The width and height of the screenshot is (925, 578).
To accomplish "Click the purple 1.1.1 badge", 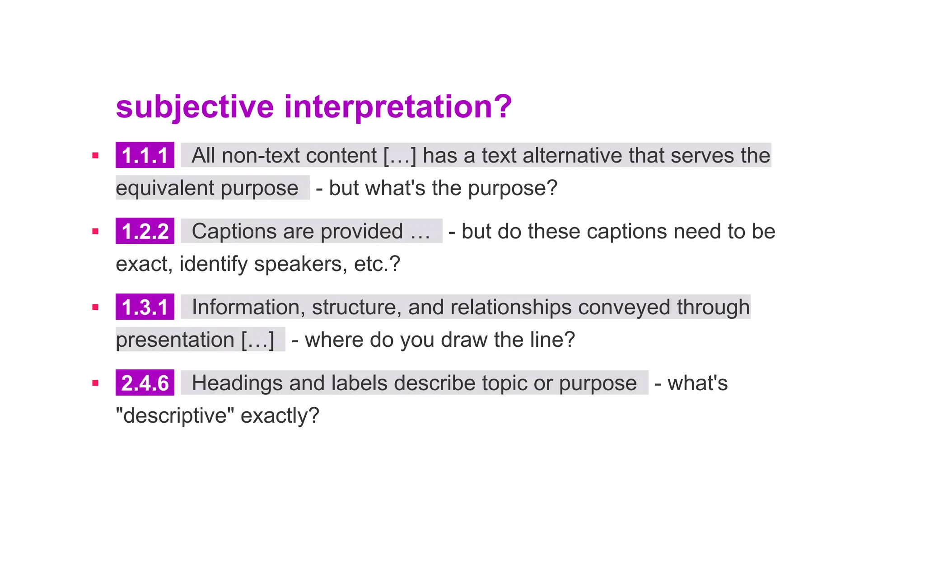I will tap(145, 155).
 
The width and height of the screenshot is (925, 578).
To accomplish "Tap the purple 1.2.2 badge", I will tap(145, 231).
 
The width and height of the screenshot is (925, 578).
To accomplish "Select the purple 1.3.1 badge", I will tap(145, 307).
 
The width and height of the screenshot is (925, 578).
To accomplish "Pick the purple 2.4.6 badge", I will tap(145, 383).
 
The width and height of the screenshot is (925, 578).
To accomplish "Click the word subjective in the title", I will tap(195, 107).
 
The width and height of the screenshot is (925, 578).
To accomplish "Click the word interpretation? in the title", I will tap(398, 107).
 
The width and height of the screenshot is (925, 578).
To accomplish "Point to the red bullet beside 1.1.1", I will tap(95, 156).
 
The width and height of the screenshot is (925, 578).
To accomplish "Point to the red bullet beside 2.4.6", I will tap(95, 383).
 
